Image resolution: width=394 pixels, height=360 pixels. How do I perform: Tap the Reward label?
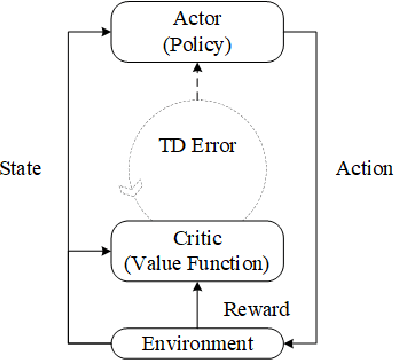(256, 310)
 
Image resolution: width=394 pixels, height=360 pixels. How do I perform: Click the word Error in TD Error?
(215, 145)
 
